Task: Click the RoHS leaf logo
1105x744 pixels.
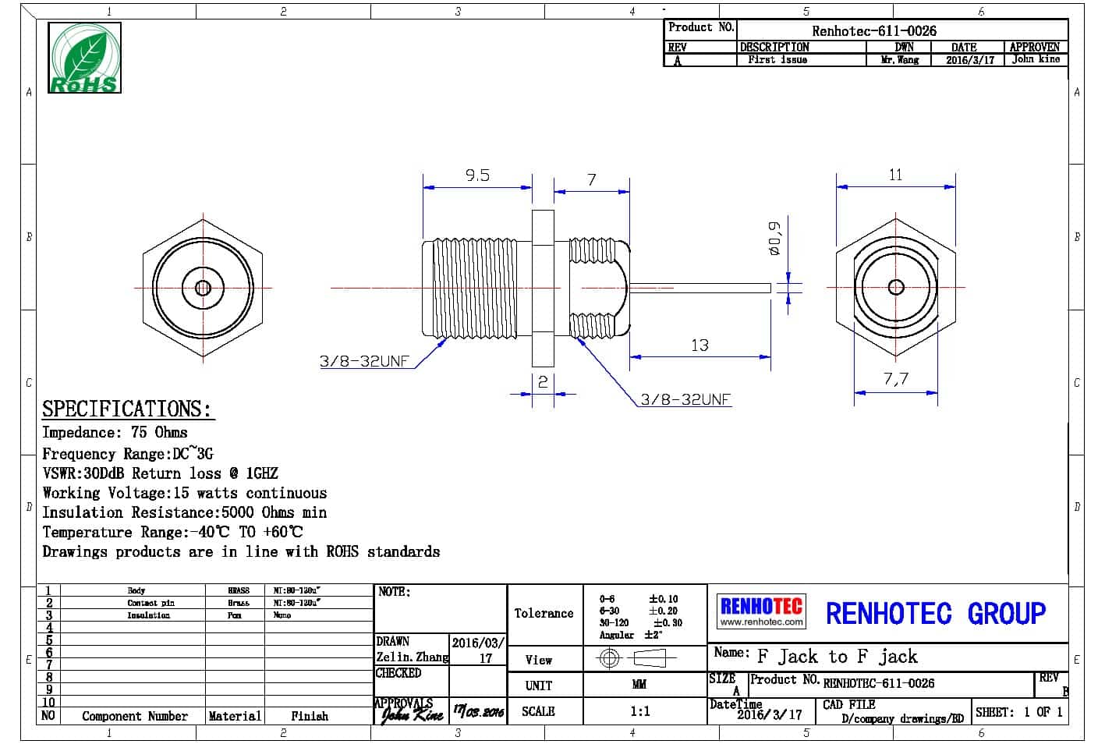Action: click(85, 58)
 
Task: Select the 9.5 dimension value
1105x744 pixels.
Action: click(477, 175)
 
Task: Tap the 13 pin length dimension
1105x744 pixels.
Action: click(699, 345)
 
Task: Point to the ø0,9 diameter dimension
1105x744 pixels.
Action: click(774, 239)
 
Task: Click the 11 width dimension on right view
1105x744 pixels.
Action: click(895, 175)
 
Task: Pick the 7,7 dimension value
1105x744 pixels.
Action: click(896, 380)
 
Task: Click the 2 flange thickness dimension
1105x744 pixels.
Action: click(543, 382)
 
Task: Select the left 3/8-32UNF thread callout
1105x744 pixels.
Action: click(363, 361)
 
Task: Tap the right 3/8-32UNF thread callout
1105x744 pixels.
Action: click(685, 399)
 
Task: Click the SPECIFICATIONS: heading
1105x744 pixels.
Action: click(126, 409)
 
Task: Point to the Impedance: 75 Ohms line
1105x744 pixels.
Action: click(115, 432)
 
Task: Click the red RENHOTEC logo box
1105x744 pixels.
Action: click(760, 611)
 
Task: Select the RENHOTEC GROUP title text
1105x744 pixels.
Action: click(935, 613)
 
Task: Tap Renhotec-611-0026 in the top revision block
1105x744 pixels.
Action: click(873, 30)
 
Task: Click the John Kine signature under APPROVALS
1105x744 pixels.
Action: click(412, 714)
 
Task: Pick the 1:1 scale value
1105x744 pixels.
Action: click(639, 711)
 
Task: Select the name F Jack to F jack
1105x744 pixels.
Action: click(837, 657)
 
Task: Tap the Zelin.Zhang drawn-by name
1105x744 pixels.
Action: click(412, 657)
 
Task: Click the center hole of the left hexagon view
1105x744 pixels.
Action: click(203, 288)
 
